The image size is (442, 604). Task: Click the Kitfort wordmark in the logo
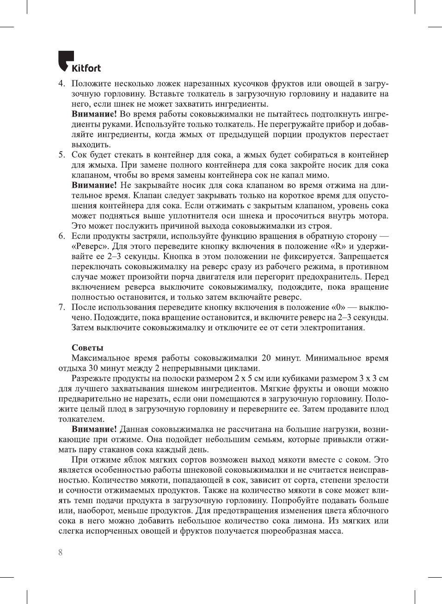click(x=86, y=68)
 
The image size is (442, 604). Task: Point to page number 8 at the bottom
click(x=60, y=552)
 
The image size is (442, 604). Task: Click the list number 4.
click(x=61, y=84)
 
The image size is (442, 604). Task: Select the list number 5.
click(x=61, y=155)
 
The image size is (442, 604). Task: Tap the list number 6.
click(x=61, y=236)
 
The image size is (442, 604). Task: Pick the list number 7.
click(x=61, y=307)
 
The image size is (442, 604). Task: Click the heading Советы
click(x=87, y=348)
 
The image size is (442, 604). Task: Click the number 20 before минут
click(x=266, y=358)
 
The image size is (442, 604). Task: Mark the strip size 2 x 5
click(x=243, y=378)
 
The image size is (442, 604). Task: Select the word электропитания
click(x=332, y=328)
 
